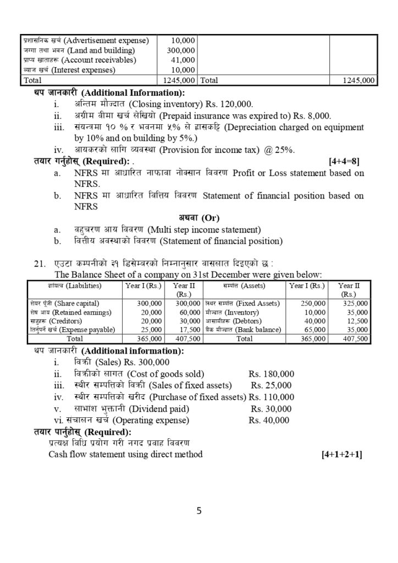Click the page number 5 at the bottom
(x=199, y=511)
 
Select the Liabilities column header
(x=62, y=286)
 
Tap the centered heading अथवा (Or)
(x=198, y=218)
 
